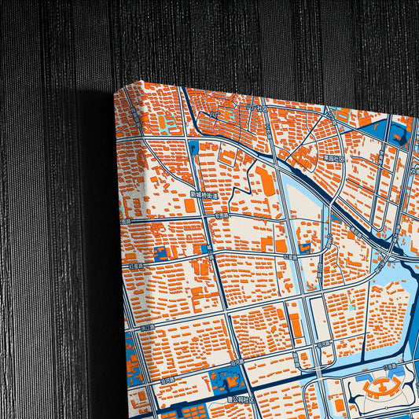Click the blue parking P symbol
pyautogui.click(x=194, y=145)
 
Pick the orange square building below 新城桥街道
pyautogui.click(x=189, y=206)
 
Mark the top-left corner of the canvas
pyautogui.click(x=116, y=88)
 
